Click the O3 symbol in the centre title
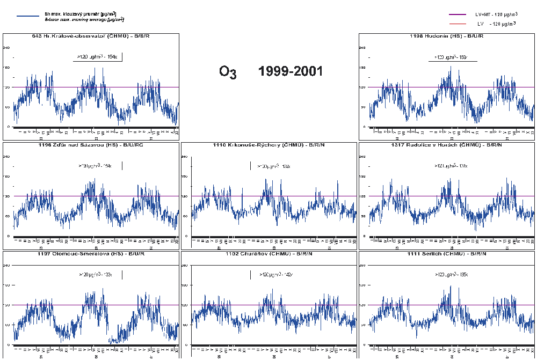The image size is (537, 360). [228, 72]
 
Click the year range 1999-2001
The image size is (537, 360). [291, 71]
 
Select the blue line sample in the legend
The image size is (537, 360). [28, 16]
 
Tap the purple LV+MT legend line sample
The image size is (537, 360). [459, 14]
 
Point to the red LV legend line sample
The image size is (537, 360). [459, 24]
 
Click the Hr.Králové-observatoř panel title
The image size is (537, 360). [91, 36]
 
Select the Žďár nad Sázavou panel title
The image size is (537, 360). [91, 145]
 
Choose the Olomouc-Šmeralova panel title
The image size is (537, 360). [91, 253]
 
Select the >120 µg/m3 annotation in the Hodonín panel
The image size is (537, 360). [451, 57]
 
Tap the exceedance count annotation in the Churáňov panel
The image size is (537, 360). [275, 274]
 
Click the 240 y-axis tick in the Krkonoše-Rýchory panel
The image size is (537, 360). [185, 157]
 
